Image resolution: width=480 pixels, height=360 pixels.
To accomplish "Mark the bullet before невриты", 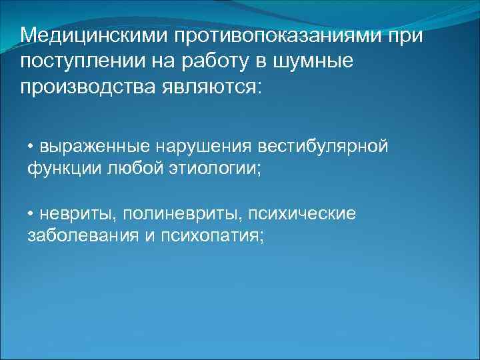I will tap(31, 214).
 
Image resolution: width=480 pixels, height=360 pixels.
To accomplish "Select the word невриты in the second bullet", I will tap(69, 213).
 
